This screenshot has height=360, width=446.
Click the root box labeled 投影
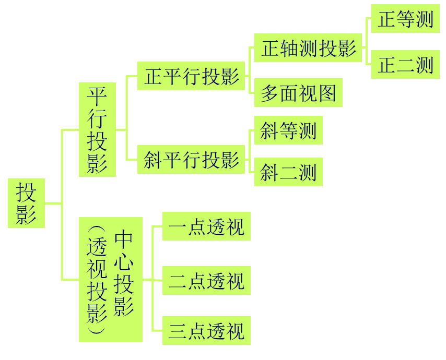26,203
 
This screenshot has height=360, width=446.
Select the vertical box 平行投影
97,129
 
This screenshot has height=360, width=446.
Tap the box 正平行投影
192,77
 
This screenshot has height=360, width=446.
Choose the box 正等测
406,20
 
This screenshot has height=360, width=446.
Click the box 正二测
406,65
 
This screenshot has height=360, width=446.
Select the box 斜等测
288,130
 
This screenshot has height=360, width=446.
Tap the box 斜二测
288,172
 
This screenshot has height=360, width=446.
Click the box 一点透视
207,227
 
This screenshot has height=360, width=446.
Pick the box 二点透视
207,281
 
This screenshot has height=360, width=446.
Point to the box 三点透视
207,331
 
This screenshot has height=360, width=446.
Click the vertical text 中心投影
124,273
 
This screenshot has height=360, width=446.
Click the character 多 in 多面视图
269,93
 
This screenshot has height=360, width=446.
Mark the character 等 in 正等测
406,20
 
